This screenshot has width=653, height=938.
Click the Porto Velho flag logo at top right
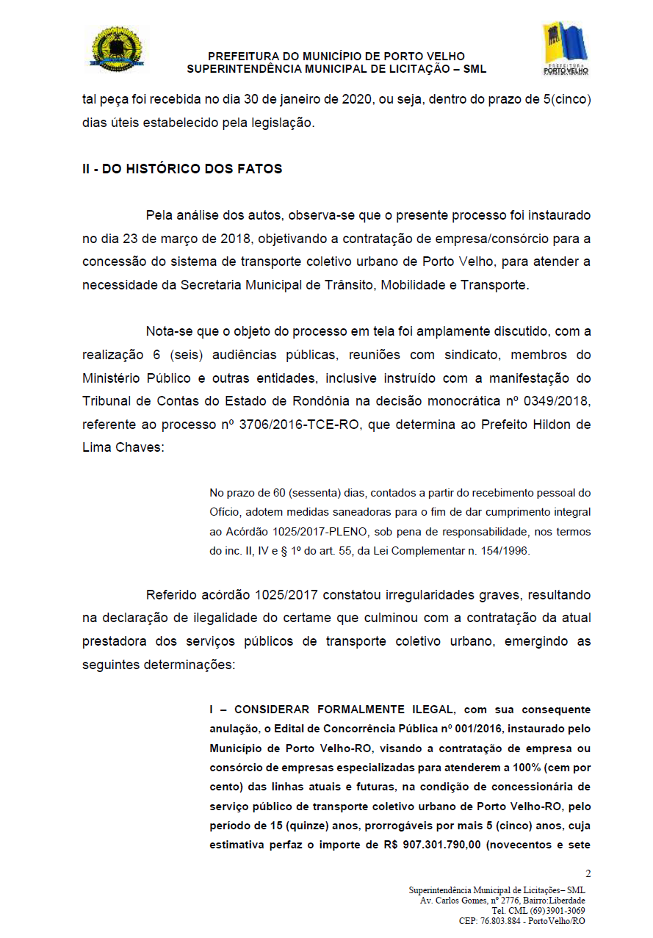pos(565,48)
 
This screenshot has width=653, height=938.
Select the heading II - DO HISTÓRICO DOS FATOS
pos(182,169)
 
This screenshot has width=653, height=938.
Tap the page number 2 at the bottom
pos(588,873)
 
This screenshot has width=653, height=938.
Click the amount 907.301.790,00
pos(442,845)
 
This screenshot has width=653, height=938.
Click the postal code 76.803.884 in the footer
pos(503,921)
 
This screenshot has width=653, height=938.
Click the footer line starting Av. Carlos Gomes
pos(502,901)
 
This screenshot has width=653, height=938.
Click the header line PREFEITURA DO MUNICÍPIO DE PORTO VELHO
pos(336,57)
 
